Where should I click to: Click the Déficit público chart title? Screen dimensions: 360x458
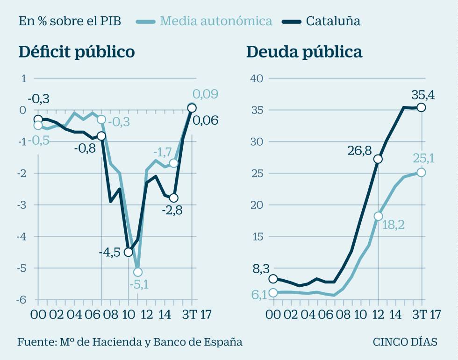[77, 52]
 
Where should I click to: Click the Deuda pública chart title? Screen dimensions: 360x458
[304, 52]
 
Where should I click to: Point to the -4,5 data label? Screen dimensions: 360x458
[109, 253]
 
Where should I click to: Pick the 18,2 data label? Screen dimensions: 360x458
[394, 225]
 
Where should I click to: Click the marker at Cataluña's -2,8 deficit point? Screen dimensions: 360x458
[173, 198]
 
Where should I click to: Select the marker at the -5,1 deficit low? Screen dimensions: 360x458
[137, 272]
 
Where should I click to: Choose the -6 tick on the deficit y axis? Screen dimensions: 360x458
[22, 300]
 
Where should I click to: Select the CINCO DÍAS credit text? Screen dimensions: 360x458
[405, 342]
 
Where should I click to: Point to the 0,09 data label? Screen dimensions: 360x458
[205, 94]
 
